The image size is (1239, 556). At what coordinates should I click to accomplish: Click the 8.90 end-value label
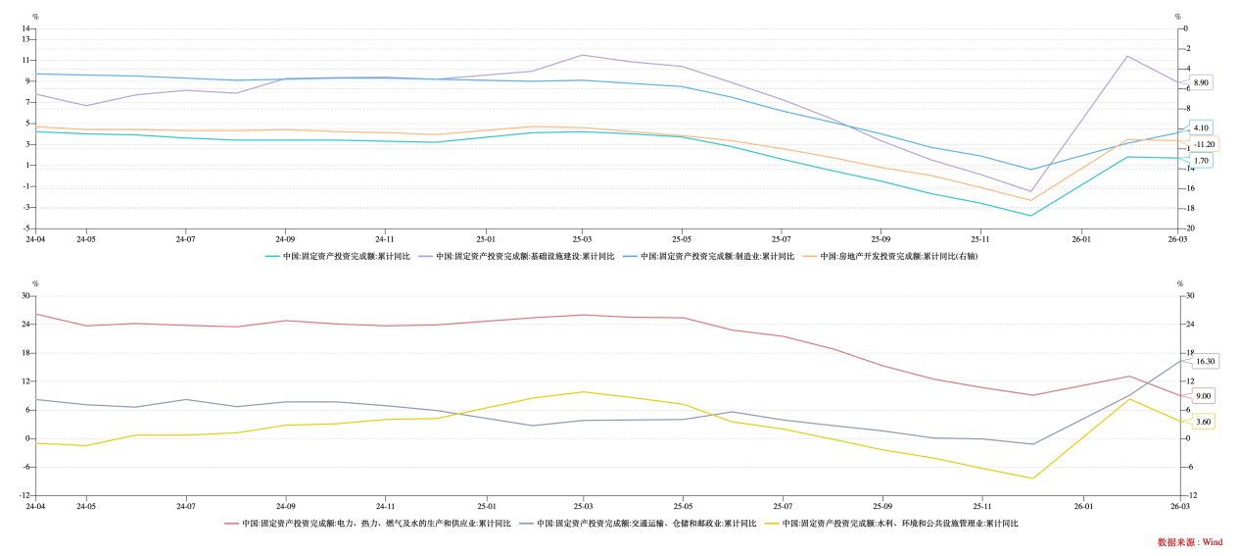(x=1201, y=82)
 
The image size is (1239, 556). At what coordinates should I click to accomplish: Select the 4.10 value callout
(x=1201, y=127)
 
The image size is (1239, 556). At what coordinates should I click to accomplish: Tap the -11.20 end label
(x=1204, y=144)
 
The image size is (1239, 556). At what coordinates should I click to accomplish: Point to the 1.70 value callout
(x=1201, y=160)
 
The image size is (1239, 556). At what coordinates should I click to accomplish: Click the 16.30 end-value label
(x=1205, y=361)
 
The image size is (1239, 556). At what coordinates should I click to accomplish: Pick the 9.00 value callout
(x=1203, y=396)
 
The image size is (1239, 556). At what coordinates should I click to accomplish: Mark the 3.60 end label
(x=1203, y=422)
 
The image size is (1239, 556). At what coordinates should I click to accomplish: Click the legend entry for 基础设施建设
(x=525, y=256)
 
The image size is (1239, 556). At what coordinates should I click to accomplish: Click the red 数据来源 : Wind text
(x=1189, y=542)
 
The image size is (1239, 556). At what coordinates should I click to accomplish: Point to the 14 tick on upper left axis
(x=27, y=28)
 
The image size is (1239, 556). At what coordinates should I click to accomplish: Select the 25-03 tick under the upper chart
(x=582, y=238)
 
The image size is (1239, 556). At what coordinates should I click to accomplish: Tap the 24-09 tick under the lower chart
(x=285, y=506)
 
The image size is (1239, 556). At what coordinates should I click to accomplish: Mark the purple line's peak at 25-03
(x=582, y=55)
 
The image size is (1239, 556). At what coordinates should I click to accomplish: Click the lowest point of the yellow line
(x=1031, y=479)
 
